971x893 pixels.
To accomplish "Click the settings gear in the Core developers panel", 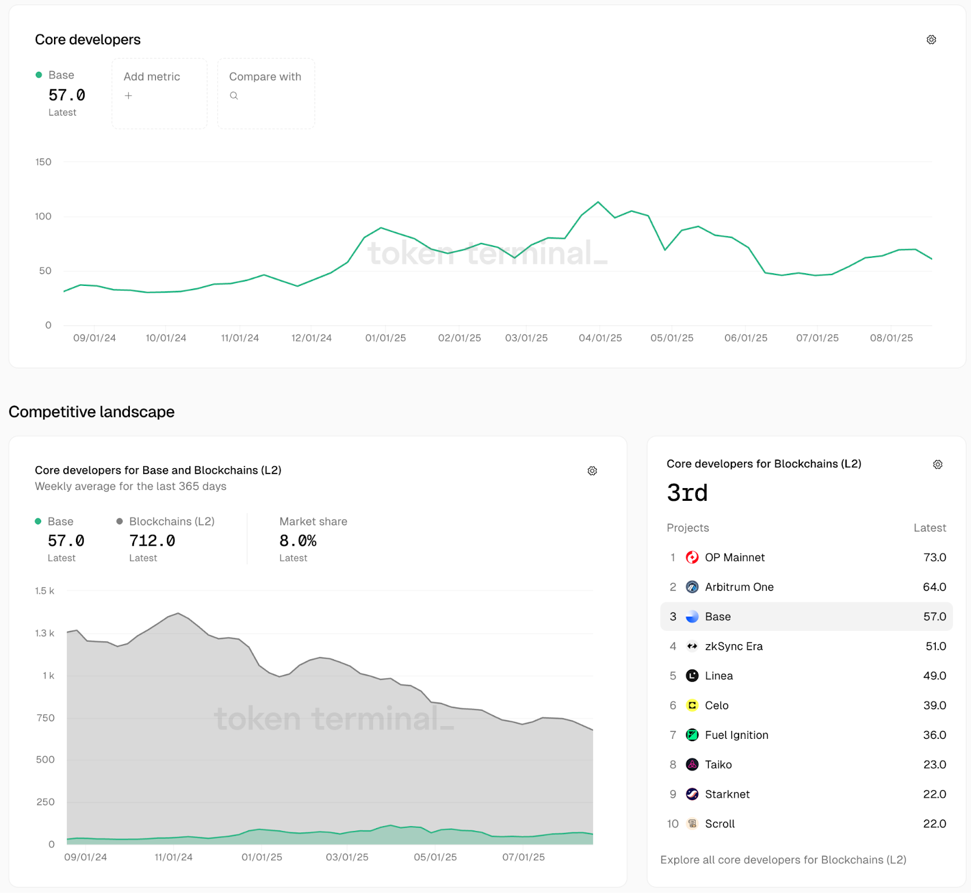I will pyautogui.click(x=931, y=39).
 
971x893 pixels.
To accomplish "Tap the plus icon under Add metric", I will pyautogui.click(x=128, y=95).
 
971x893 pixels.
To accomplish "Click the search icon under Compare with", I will pyautogui.click(x=234, y=95).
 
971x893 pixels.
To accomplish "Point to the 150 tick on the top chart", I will pyautogui.click(x=43, y=162).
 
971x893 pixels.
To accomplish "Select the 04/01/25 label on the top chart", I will pyautogui.click(x=600, y=338).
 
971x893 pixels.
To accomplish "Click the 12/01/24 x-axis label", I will pyautogui.click(x=311, y=338).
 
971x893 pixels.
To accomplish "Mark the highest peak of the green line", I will pyautogui.click(x=598, y=202).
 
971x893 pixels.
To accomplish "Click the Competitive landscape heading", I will pyautogui.click(x=92, y=412).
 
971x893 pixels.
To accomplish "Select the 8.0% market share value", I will pyautogui.click(x=297, y=540).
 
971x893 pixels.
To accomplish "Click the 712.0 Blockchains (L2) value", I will pyautogui.click(x=152, y=540).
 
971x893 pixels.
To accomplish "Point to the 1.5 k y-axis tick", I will pyautogui.click(x=44, y=591).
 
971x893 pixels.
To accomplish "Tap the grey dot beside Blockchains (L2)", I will pyautogui.click(x=120, y=521).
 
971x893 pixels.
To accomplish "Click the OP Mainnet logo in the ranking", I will pyautogui.click(x=692, y=557).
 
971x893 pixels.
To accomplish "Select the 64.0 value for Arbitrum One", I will pyautogui.click(x=934, y=587).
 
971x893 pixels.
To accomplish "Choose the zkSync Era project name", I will pyautogui.click(x=733, y=646).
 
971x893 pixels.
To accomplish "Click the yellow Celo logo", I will pyautogui.click(x=692, y=705).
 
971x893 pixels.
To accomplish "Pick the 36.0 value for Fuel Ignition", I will pyautogui.click(x=934, y=735).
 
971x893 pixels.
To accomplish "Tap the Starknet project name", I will pyautogui.click(x=727, y=794).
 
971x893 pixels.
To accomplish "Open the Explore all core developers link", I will pyautogui.click(x=783, y=860).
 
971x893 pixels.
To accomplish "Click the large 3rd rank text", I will pyautogui.click(x=687, y=492).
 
